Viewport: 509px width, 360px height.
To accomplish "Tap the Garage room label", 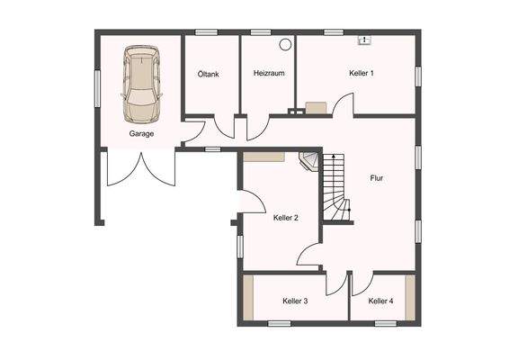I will [141, 133].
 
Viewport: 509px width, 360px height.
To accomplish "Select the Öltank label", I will [209, 74].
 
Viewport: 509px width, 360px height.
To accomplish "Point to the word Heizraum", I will [269, 74].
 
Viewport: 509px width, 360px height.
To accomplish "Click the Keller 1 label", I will [362, 73].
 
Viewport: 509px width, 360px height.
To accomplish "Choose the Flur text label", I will [377, 178].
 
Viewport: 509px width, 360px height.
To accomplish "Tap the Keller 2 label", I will [285, 218].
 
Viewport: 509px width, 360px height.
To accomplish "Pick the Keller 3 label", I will [295, 301].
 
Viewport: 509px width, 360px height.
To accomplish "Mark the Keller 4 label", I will [380, 301].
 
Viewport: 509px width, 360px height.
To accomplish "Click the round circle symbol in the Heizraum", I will [286, 43].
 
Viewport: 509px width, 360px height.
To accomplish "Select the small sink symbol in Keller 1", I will [364, 40].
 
